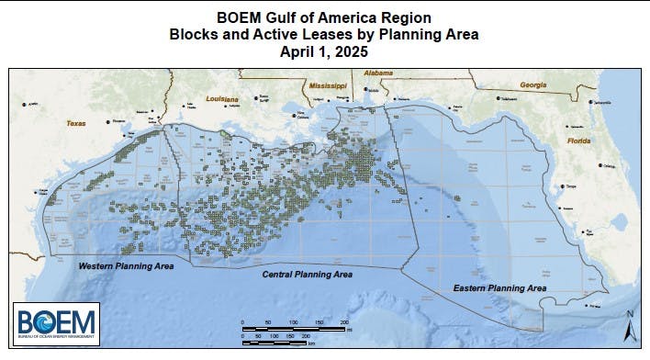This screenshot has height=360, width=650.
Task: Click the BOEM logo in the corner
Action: (56, 324)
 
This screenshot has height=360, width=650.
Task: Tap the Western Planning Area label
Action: (126, 266)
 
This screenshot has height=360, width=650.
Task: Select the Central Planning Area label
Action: (308, 275)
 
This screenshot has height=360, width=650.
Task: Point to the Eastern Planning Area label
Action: (502, 288)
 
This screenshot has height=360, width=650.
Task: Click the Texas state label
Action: (75, 122)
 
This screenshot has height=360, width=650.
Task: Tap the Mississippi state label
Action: (328, 84)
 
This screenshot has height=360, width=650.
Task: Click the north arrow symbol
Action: (631, 327)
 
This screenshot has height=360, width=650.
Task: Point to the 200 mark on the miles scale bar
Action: (344, 323)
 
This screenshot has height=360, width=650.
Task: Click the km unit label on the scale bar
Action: (312, 344)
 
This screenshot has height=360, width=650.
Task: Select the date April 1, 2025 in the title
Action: (324, 52)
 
